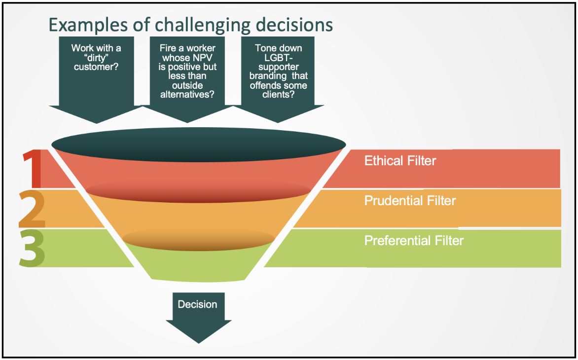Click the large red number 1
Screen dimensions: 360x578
click(33, 170)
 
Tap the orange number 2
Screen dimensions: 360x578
click(33, 209)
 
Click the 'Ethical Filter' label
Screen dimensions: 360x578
click(400, 161)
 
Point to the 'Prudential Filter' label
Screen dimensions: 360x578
click(410, 201)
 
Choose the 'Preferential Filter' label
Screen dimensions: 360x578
click(414, 241)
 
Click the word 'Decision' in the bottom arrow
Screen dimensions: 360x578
click(197, 304)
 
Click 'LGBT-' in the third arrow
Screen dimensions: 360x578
click(279, 58)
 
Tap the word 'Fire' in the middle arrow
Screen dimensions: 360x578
click(168, 48)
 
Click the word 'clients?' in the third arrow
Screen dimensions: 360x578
click(279, 95)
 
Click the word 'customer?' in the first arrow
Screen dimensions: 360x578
click(96, 67)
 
